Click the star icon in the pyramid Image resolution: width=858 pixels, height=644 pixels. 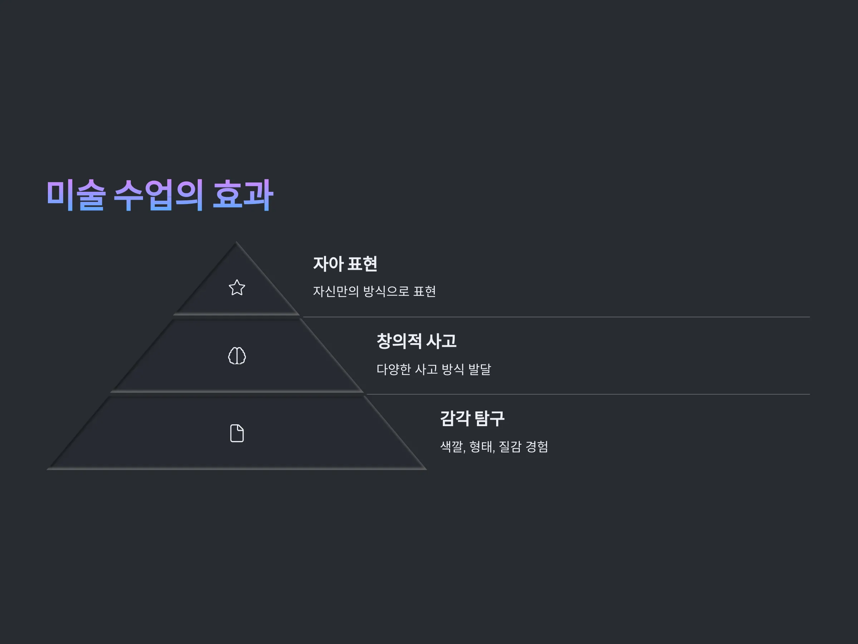click(x=237, y=288)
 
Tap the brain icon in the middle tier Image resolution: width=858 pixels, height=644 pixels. click(x=237, y=356)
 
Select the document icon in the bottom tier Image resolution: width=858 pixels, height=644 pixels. click(x=237, y=433)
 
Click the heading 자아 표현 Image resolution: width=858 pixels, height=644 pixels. click(x=345, y=264)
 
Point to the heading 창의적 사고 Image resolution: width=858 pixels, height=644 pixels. click(x=416, y=341)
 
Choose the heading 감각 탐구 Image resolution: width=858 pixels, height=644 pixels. click(x=472, y=419)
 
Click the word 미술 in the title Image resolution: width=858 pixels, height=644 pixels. click(x=76, y=195)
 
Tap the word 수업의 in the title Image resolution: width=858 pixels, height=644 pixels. click(x=158, y=195)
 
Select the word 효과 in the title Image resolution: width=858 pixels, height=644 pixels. click(x=243, y=195)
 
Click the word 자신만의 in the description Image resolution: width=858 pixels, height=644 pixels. click(x=336, y=291)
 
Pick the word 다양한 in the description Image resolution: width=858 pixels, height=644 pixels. click(x=394, y=369)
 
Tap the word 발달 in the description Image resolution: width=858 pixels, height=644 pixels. click(x=479, y=369)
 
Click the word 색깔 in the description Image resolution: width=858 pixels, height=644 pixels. click(x=452, y=447)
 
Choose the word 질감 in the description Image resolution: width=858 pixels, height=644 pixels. click(x=510, y=447)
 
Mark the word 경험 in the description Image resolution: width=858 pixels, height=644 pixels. click(x=537, y=447)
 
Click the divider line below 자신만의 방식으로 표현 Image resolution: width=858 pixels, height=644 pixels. click(x=556, y=317)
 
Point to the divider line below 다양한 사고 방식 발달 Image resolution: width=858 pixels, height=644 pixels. click(x=588, y=394)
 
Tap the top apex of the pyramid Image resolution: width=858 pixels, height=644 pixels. click(x=236, y=242)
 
